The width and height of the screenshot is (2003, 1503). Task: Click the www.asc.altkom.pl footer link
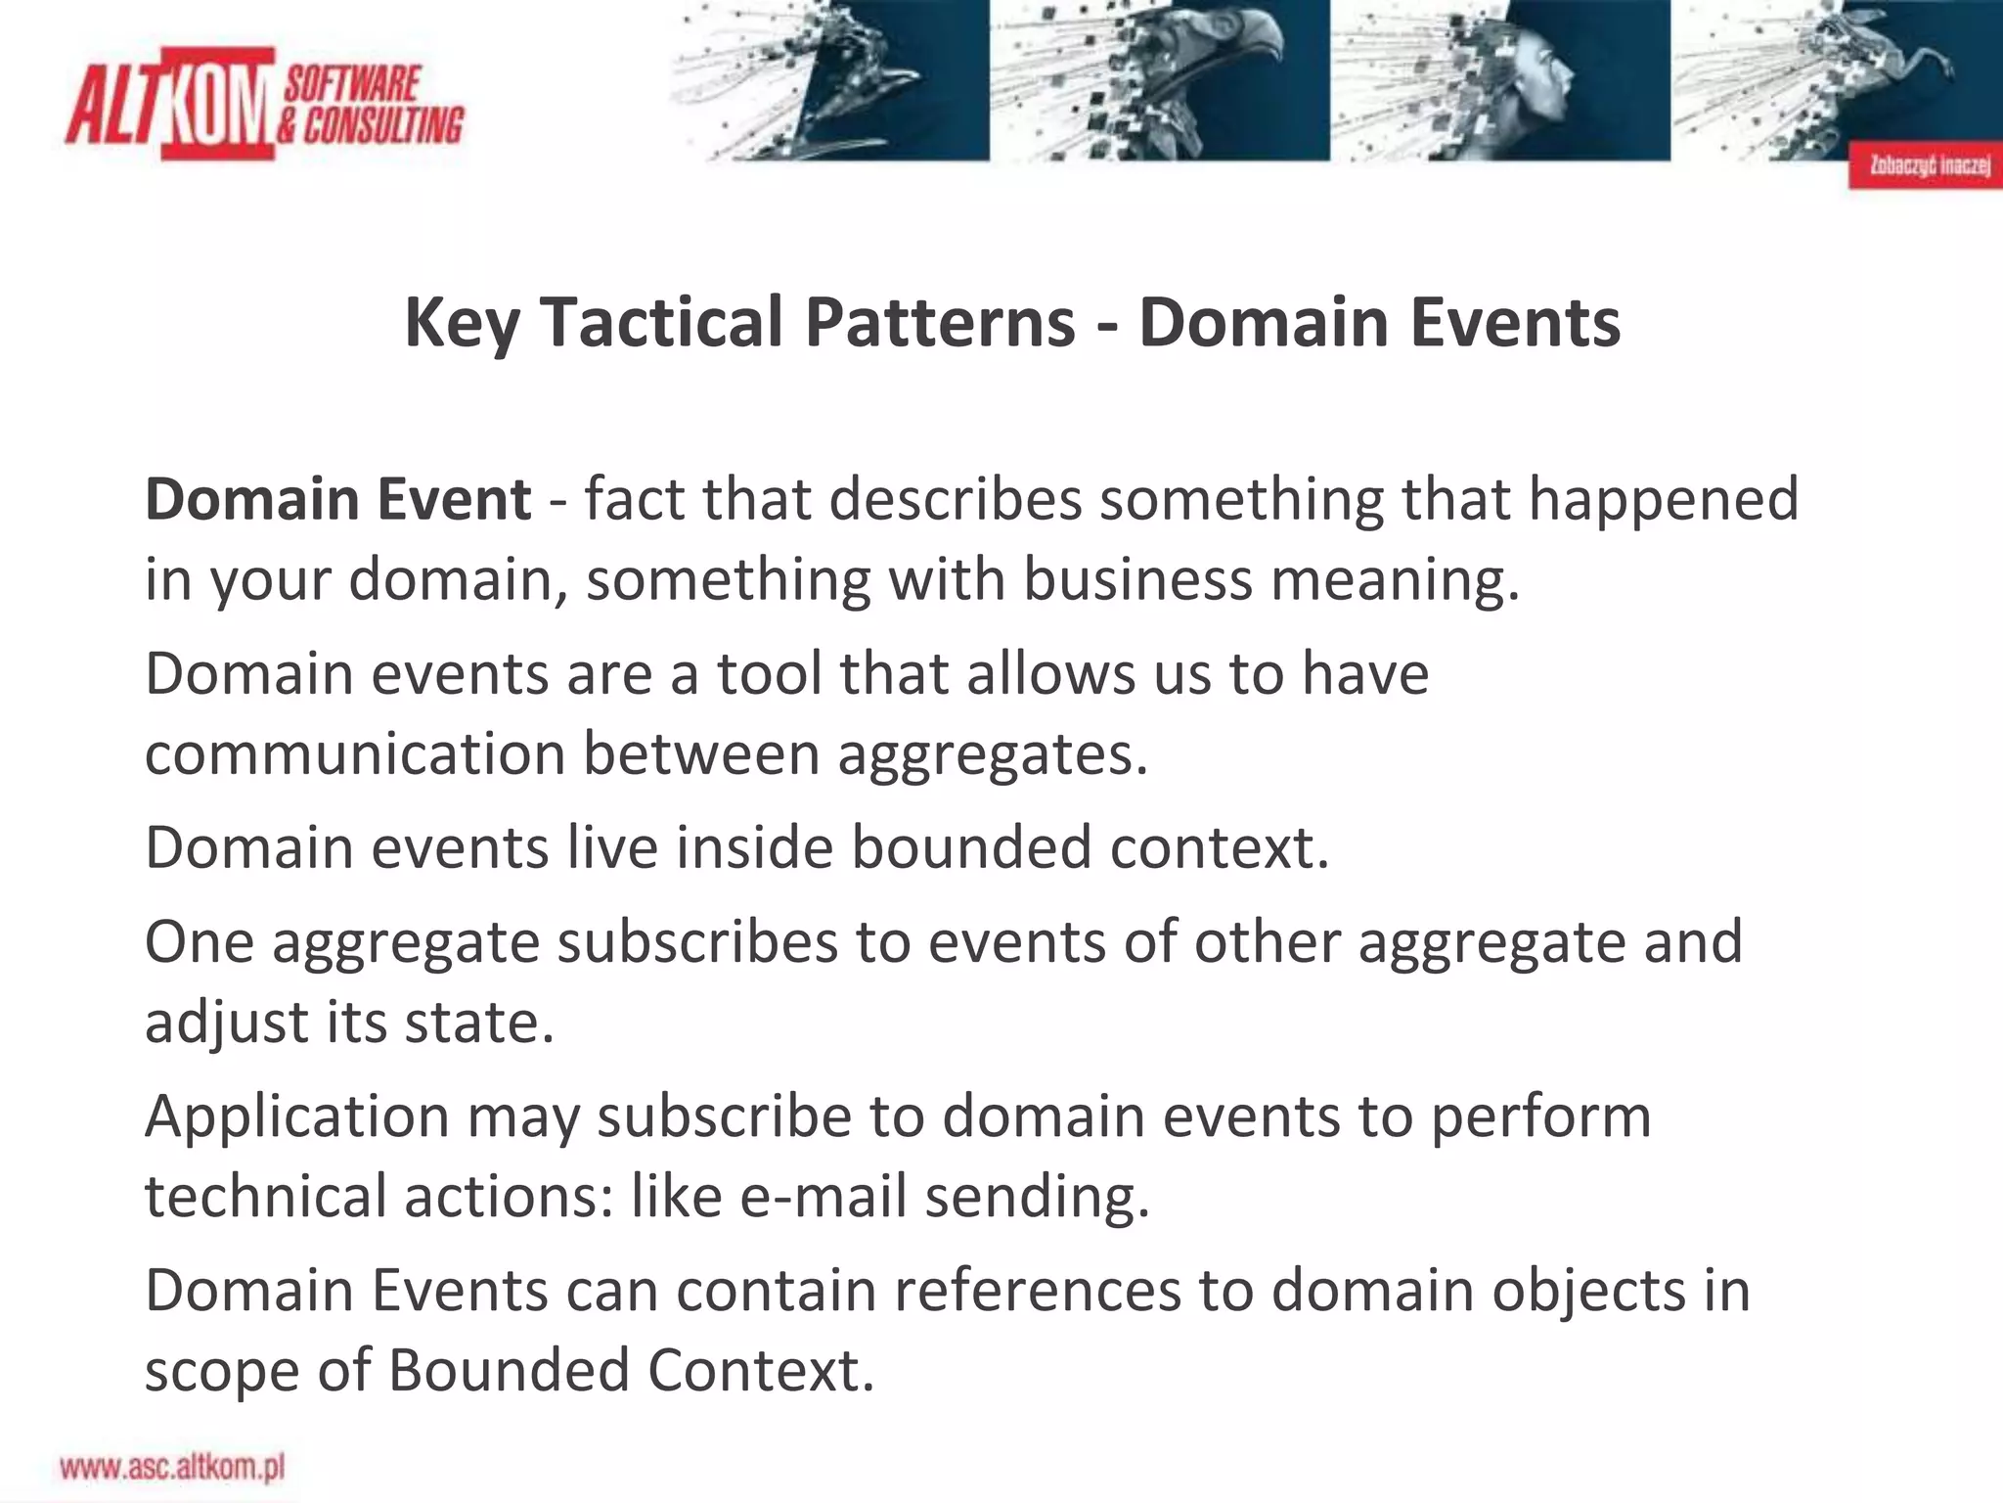172,1468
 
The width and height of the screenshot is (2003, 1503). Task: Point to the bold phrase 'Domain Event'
337,499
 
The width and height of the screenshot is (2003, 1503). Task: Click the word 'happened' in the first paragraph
1663,499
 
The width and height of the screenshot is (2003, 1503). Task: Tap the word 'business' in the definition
1137,579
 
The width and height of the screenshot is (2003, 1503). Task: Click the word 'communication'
355,754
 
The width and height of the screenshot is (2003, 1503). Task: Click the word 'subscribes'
697,942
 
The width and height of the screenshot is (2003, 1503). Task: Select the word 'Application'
297,1116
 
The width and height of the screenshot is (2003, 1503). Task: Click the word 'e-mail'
823,1197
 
